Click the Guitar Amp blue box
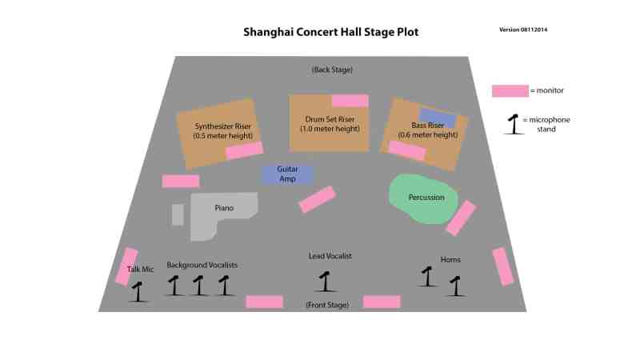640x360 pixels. [x=288, y=174]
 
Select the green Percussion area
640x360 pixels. [x=423, y=198]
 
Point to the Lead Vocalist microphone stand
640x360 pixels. [x=325, y=282]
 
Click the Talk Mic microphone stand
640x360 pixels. [x=138, y=292]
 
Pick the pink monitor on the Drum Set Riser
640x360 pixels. [x=350, y=101]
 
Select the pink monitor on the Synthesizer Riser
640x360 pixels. [x=245, y=150]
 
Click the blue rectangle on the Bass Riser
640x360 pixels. [x=438, y=118]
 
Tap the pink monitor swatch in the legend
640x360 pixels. [x=510, y=91]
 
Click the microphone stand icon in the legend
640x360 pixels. [x=514, y=125]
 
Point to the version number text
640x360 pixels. [x=523, y=30]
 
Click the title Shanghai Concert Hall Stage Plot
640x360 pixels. [x=331, y=32]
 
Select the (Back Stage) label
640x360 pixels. [x=332, y=70]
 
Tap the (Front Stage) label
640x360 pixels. [x=327, y=305]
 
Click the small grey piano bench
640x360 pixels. [x=178, y=214]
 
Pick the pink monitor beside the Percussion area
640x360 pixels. [x=461, y=218]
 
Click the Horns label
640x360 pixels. [x=450, y=259]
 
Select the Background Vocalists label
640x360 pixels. [x=202, y=266]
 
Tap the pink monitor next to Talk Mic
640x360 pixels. [x=126, y=266]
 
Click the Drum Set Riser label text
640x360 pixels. [x=330, y=124]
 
